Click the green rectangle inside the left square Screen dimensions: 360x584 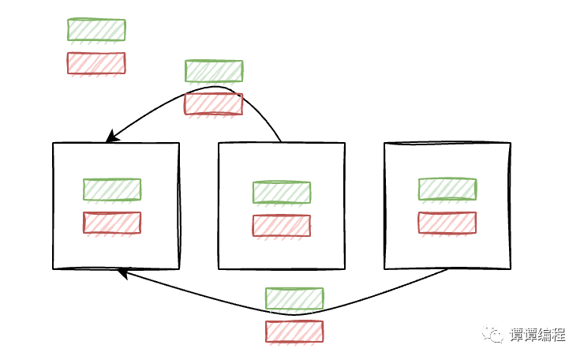[x=112, y=189]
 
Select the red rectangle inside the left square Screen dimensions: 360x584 [x=112, y=223]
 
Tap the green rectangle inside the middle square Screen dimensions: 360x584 [x=282, y=193]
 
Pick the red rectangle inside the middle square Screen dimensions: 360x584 [x=282, y=226]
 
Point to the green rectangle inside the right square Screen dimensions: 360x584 [x=447, y=189]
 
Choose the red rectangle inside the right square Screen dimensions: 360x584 [x=447, y=223]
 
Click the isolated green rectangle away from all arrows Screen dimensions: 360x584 [x=96, y=30]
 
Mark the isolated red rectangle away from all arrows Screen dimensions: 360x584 [x=96, y=63]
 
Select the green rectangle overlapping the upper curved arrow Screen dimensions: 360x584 [x=214, y=71]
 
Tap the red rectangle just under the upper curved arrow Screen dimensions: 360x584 [x=214, y=104]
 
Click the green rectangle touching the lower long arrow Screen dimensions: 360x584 [x=294, y=298]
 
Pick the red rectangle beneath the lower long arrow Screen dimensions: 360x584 [x=294, y=332]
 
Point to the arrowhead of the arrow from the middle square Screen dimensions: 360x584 [x=111, y=138]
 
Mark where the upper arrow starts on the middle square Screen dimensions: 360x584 [x=282, y=143]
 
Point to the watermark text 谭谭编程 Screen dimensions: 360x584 [x=538, y=335]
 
